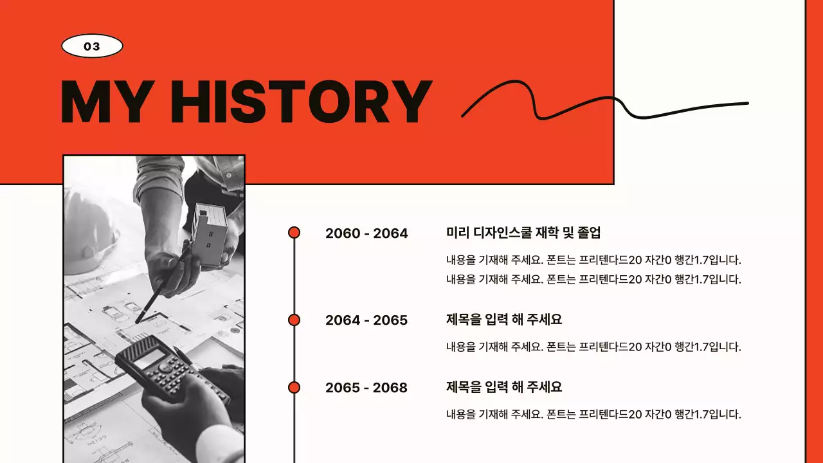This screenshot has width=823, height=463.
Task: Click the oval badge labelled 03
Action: click(x=92, y=46)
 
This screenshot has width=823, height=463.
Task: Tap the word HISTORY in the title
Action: click(x=302, y=102)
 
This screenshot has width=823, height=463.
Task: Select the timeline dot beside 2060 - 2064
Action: click(x=294, y=233)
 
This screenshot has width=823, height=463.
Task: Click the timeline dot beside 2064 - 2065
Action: click(x=294, y=320)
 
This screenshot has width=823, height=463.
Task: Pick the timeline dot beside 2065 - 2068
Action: click(x=294, y=387)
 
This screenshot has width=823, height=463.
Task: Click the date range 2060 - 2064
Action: click(x=366, y=233)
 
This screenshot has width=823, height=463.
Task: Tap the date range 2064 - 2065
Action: click(x=366, y=320)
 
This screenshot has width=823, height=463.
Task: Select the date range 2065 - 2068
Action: click(x=366, y=388)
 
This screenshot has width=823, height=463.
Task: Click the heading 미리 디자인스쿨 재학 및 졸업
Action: click(x=523, y=233)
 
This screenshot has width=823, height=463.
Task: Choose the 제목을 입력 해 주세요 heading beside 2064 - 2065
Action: click(x=504, y=320)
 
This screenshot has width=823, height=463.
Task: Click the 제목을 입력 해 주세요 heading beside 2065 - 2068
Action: click(x=504, y=387)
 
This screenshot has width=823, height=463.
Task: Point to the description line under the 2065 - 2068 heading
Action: click(x=593, y=415)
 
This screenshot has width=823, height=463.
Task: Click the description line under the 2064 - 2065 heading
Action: click(x=593, y=347)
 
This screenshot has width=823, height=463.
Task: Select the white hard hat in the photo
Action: click(x=90, y=232)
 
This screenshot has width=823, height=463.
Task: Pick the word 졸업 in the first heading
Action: click(x=590, y=233)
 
